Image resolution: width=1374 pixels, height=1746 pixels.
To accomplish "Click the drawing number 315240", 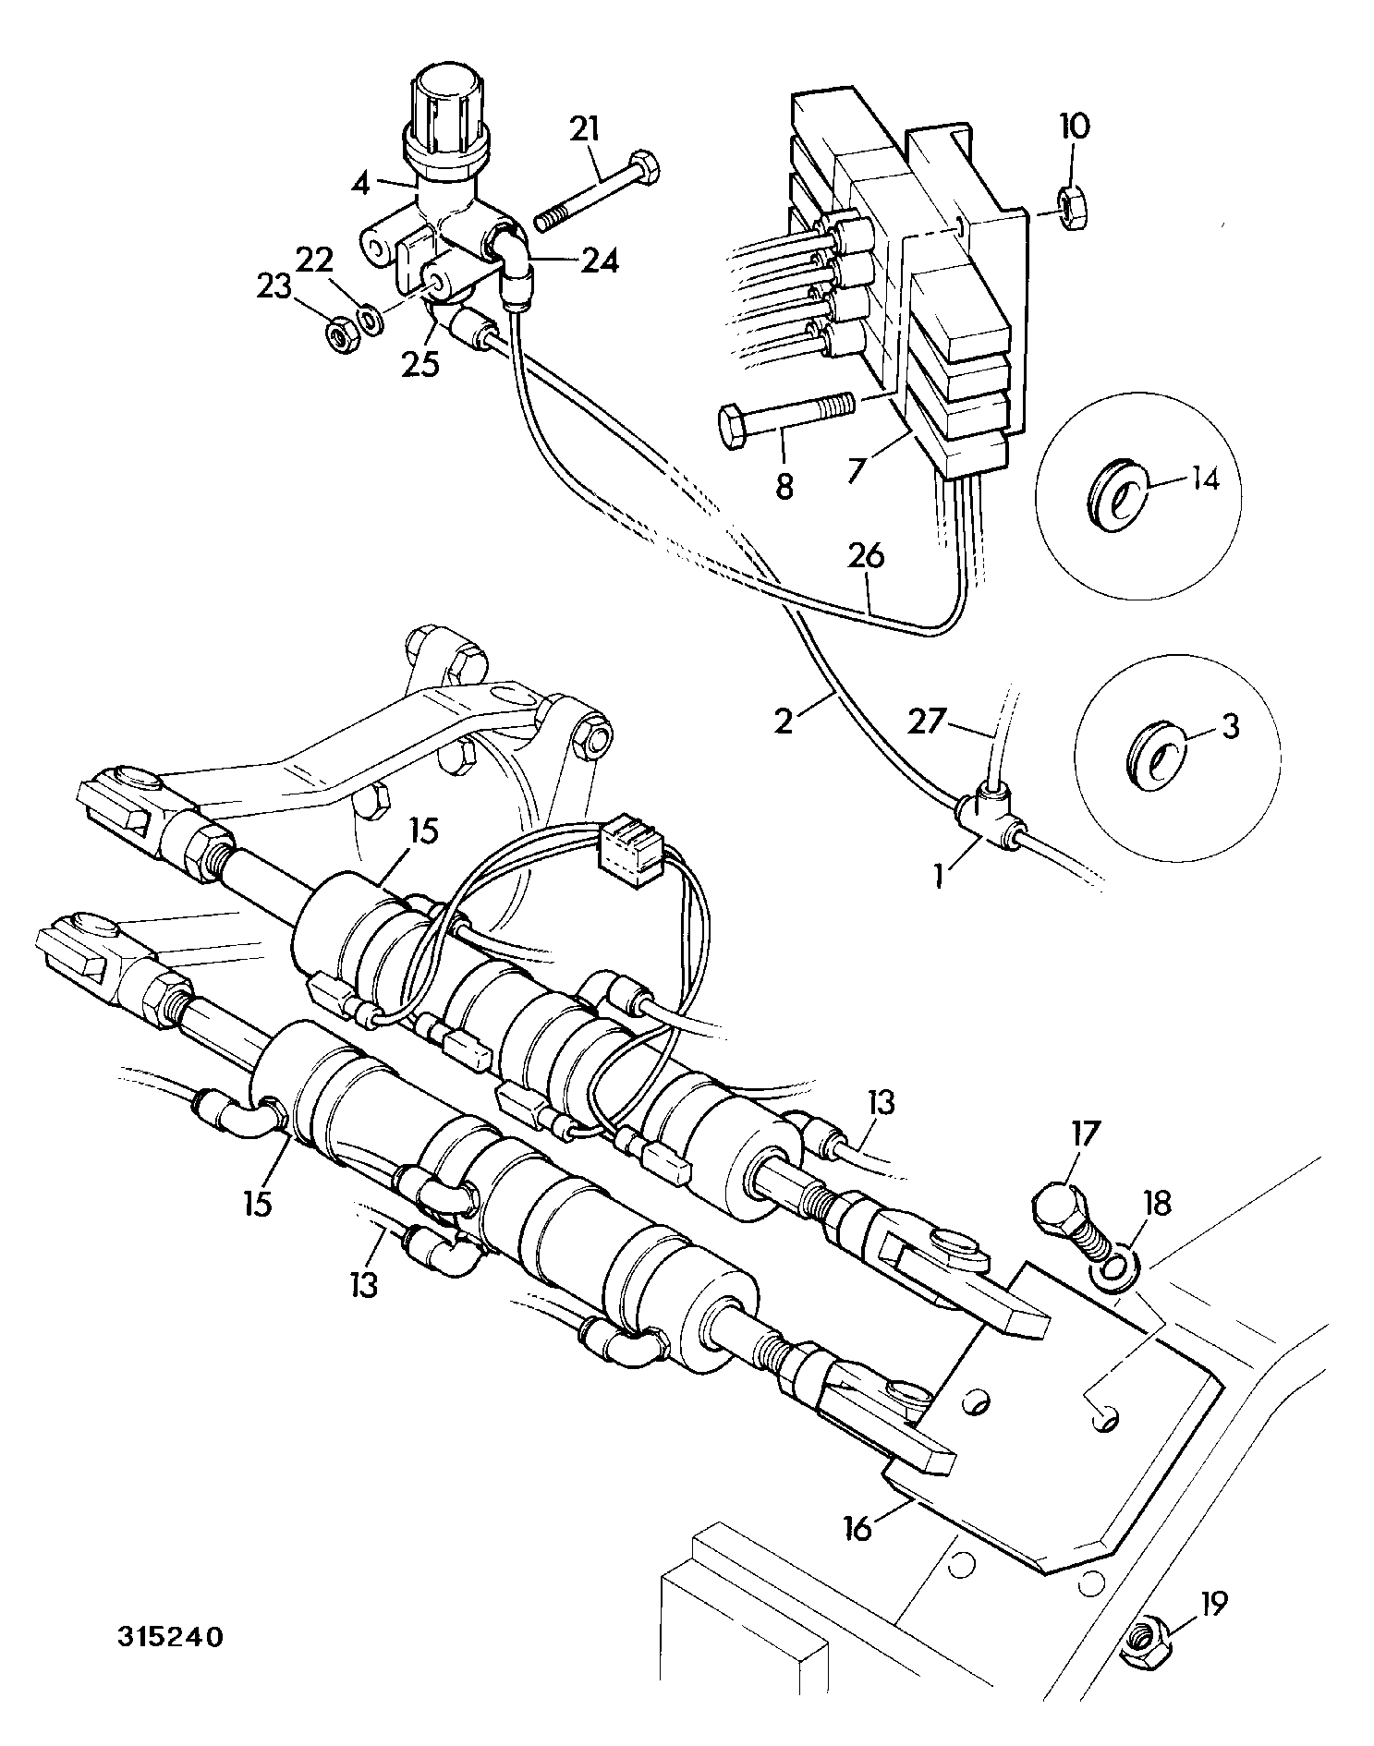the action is click(x=170, y=1637).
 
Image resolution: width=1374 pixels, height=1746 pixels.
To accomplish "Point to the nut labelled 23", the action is click(x=340, y=334).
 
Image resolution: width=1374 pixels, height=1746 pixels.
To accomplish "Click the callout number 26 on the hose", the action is click(x=866, y=557).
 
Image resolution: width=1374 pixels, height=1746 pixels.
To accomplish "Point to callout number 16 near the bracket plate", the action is click(x=858, y=1527).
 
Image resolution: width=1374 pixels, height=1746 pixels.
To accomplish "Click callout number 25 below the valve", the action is click(x=420, y=364).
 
